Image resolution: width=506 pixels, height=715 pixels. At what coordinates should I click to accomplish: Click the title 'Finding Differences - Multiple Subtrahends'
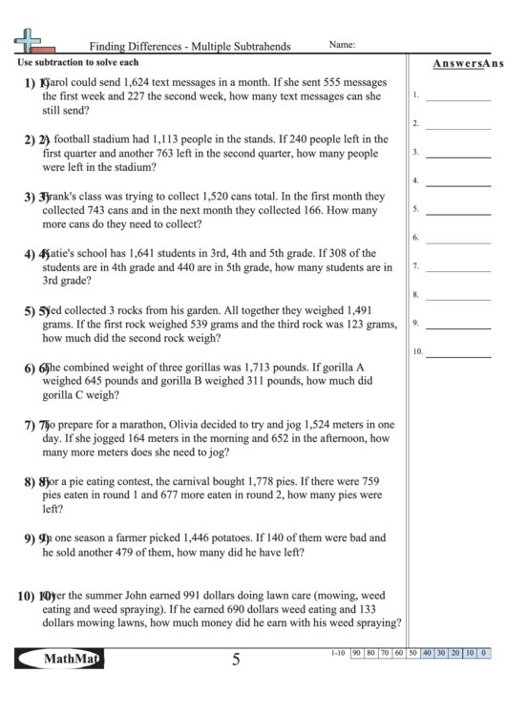tap(190, 45)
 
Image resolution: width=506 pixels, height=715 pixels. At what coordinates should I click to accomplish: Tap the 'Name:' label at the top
tap(342, 44)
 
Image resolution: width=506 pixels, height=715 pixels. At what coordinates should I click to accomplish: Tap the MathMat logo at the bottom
tap(59, 659)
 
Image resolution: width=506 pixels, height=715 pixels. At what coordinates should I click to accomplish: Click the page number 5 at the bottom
tap(235, 659)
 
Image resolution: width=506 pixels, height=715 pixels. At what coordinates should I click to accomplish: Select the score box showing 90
tap(355, 653)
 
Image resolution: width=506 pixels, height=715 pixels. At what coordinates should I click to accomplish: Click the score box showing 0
tap(484, 653)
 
